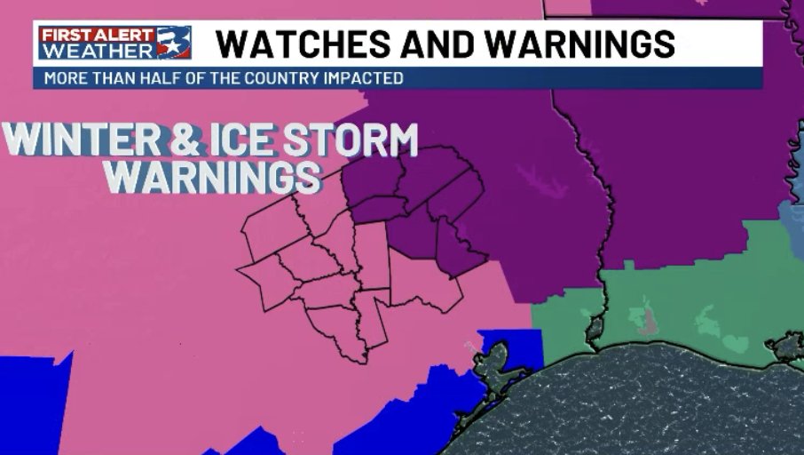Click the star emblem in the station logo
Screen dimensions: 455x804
(174, 42)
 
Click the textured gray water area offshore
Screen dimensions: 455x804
(639, 409)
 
